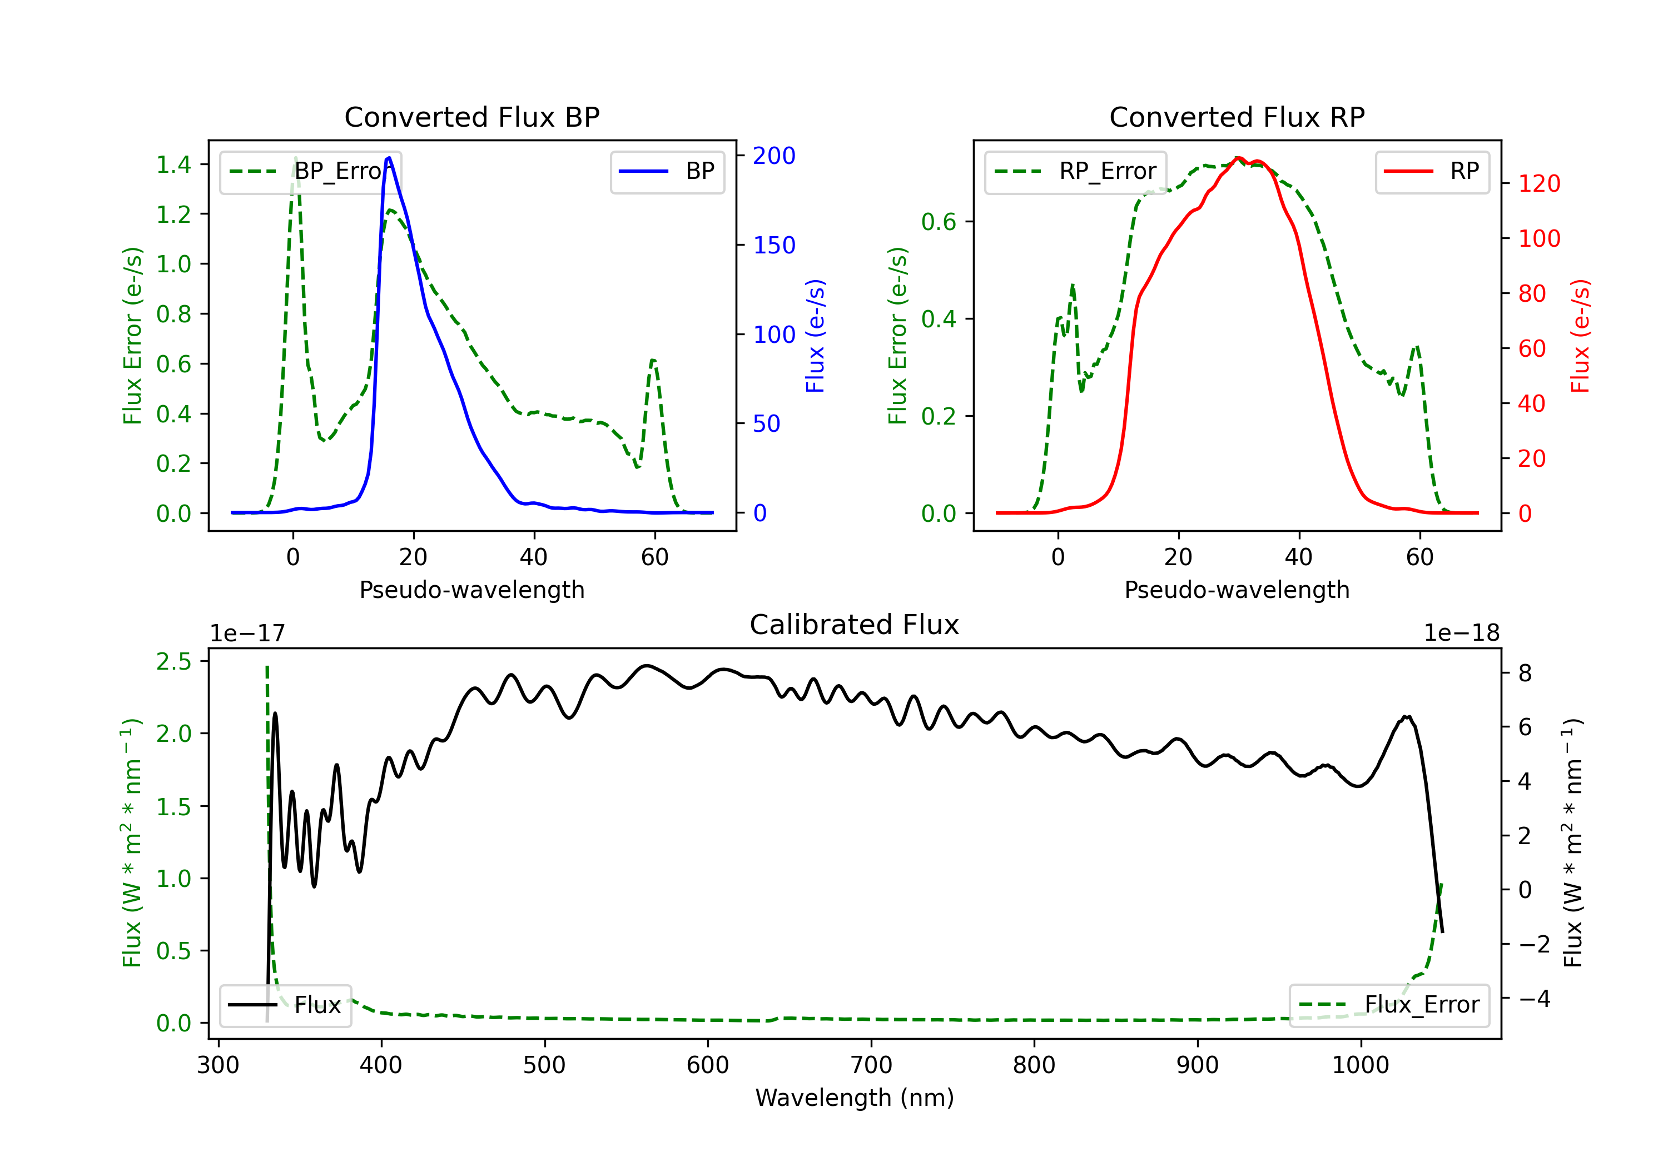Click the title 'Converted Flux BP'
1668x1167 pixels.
pyautogui.click(x=471, y=117)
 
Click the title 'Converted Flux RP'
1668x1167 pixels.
pyautogui.click(x=1237, y=117)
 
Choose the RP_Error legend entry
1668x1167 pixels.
pyautogui.click(x=1075, y=171)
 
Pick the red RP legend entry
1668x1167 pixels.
pyautogui.click(x=1432, y=171)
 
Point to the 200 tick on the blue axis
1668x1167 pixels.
pyautogui.click(x=774, y=156)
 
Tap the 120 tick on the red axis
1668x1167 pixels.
pyautogui.click(x=1538, y=184)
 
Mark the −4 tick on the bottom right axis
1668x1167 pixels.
pyautogui.click(x=1535, y=999)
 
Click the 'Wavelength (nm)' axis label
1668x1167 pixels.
pyautogui.click(x=855, y=1098)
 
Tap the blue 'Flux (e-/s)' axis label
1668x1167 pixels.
pyautogui.click(x=815, y=336)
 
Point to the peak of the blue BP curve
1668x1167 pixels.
pyautogui.click(x=389, y=158)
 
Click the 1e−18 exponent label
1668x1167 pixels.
pyautogui.click(x=1461, y=634)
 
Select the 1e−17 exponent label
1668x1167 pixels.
pyautogui.click(x=247, y=634)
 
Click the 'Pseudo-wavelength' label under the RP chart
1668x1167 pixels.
pyautogui.click(x=1237, y=590)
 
